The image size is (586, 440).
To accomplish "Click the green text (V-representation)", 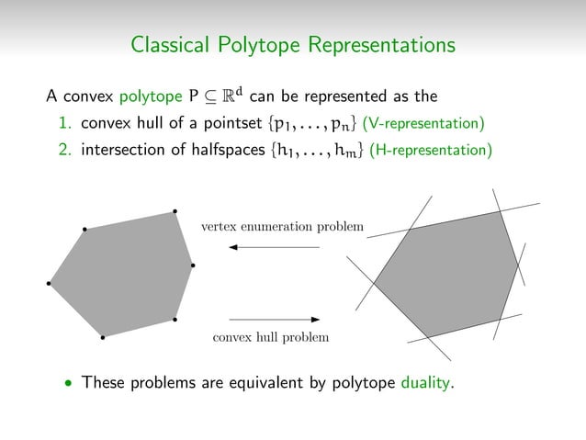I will pos(423,123).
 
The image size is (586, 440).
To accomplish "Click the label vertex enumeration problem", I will pos(282,226).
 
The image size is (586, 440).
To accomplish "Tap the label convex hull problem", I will pos(270,337).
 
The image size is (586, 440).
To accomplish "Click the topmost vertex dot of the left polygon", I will pos(175,212).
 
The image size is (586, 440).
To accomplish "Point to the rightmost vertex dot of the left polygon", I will pos(193,266).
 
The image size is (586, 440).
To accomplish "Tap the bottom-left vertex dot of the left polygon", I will pos(103,337).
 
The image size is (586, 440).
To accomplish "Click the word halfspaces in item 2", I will pos(212,150).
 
